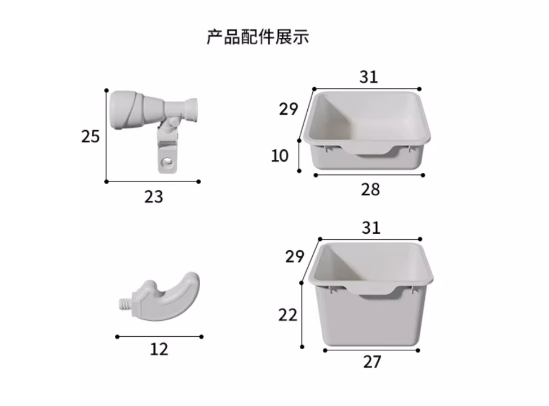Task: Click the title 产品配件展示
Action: point(258,37)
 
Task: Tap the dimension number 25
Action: point(90,136)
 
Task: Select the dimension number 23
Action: point(154,197)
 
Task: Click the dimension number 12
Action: point(159,349)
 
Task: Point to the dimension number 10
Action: point(280,155)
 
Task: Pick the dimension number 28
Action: point(370,190)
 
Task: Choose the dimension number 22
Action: point(288,315)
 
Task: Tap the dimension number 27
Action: point(372,362)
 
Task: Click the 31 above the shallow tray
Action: point(369,77)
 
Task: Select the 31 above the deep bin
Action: point(371,228)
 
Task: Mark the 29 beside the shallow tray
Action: point(289,109)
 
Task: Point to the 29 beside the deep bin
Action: point(295,257)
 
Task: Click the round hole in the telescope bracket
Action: point(168,162)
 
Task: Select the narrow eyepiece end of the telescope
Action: point(192,110)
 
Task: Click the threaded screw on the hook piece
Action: point(125,304)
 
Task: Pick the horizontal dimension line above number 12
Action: point(160,337)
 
